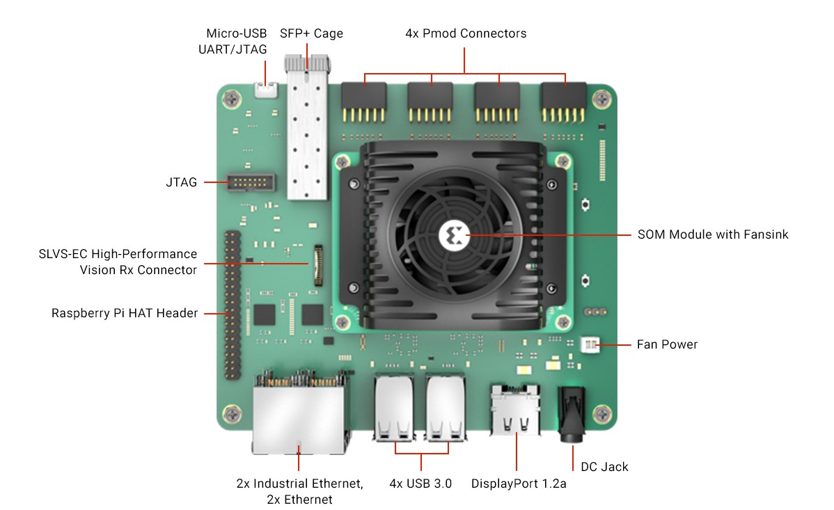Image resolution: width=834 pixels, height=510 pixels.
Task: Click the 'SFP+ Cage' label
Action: [x=311, y=33]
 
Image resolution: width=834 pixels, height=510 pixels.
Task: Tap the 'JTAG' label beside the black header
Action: [x=181, y=182]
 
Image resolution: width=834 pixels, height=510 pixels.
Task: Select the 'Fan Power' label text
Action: [x=667, y=344]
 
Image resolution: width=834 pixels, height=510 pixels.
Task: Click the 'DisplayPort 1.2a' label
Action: [x=519, y=484]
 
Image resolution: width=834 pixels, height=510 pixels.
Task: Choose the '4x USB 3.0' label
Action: [x=420, y=484]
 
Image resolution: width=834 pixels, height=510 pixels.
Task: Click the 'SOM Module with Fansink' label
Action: [x=713, y=234]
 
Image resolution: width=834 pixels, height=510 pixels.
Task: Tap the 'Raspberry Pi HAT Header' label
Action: [x=125, y=313]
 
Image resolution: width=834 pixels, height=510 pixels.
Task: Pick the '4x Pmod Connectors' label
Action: [x=466, y=33]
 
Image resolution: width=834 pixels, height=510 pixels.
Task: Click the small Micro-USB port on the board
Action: [x=265, y=89]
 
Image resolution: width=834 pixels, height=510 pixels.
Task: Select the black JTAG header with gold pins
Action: [x=250, y=183]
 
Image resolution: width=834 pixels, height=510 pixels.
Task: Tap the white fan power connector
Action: [x=589, y=345]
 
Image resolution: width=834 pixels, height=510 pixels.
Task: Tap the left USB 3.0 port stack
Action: [x=393, y=408]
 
